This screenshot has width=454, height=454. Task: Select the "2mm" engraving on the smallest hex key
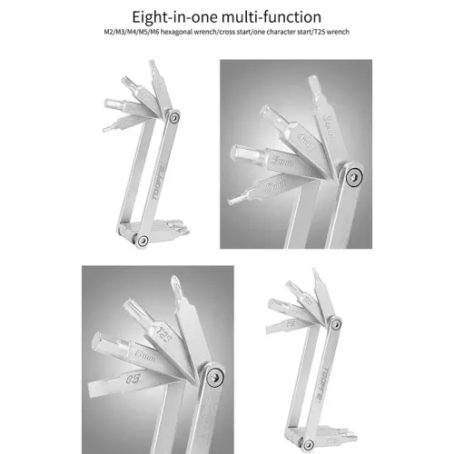(269, 188)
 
